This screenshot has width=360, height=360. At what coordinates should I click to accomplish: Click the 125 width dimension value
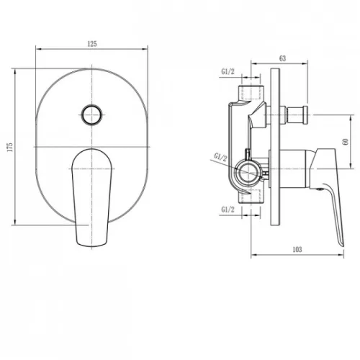[92, 44]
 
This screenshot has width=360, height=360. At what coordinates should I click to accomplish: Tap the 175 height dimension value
[10, 147]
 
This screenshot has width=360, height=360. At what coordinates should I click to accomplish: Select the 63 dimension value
[283, 58]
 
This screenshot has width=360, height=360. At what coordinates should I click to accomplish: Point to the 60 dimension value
[346, 142]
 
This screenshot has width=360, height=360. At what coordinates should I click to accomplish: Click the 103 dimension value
[297, 250]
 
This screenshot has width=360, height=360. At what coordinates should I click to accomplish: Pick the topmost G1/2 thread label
[228, 71]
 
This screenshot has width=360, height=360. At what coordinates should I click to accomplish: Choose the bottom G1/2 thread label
[228, 210]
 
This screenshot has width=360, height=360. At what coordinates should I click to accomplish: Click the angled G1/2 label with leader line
[220, 158]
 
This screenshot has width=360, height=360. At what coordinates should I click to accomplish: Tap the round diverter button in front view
[92, 114]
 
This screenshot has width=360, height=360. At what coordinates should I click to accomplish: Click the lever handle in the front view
[91, 197]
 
